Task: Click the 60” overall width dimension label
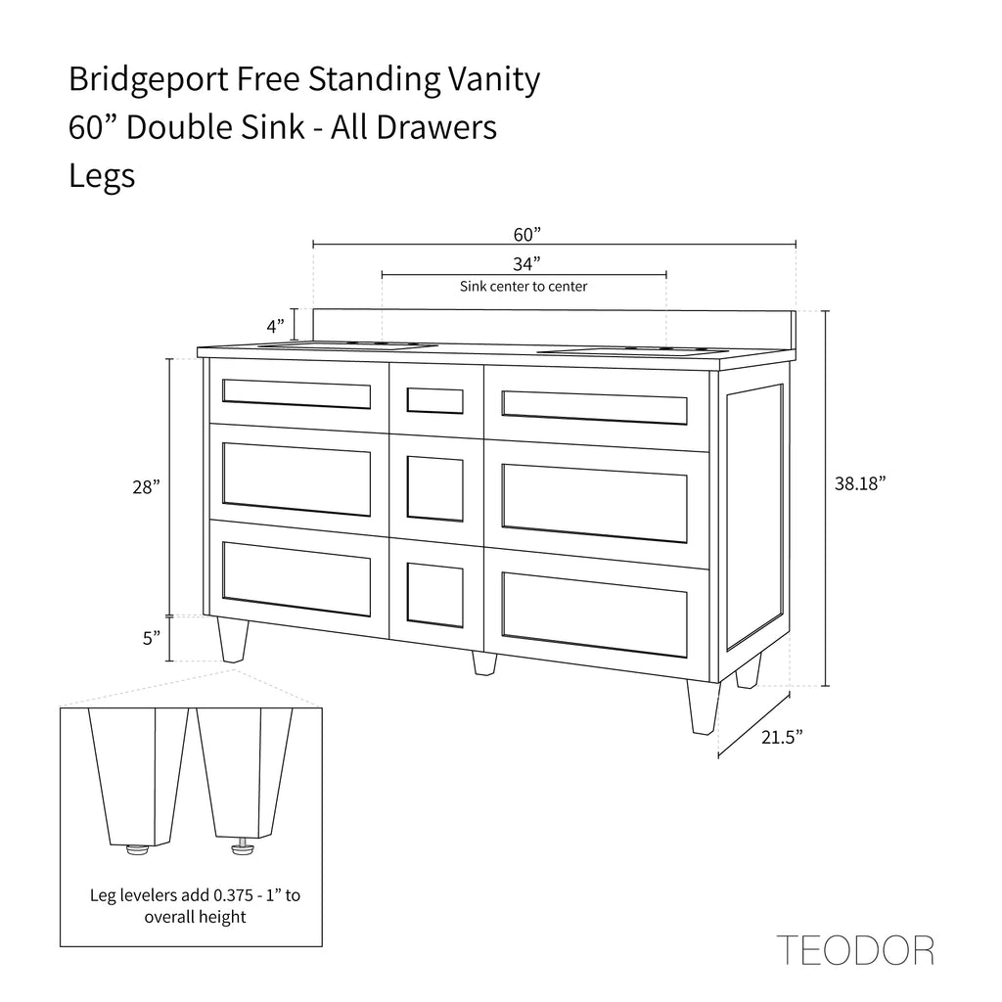(x=526, y=235)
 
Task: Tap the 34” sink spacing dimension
(x=526, y=263)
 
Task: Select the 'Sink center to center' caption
(x=524, y=287)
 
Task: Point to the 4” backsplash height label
(x=275, y=327)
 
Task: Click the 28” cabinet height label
(x=146, y=487)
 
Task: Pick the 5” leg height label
(x=152, y=638)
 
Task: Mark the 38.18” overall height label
(x=860, y=483)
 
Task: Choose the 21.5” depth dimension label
(x=782, y=737)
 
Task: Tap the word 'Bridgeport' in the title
(x=149, y=80)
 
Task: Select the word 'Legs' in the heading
(x=102, y=175)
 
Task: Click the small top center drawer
(x=435, y=400)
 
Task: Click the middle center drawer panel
(x=435, y=489)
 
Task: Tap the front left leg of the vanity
(x=233, y=640)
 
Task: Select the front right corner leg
(x=703, y=706)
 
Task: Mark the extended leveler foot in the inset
(x=243, y=845)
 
